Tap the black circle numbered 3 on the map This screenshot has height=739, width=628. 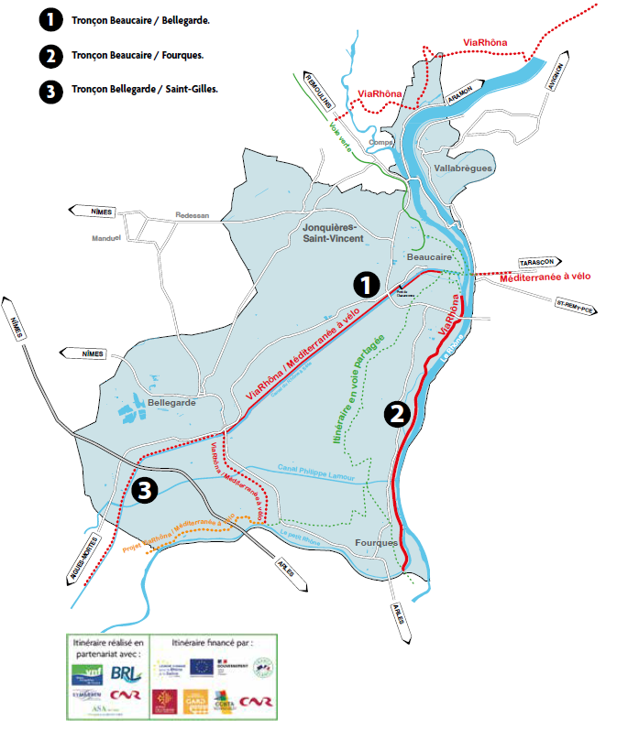[x=145, y=490]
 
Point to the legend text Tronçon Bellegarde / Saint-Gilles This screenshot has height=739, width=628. [x=144, y=90]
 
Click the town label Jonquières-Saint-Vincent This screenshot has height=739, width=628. [x=333, y=232]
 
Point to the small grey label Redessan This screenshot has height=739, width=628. [x=193, y=216]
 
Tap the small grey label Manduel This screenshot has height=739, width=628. [x=107, y=237]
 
